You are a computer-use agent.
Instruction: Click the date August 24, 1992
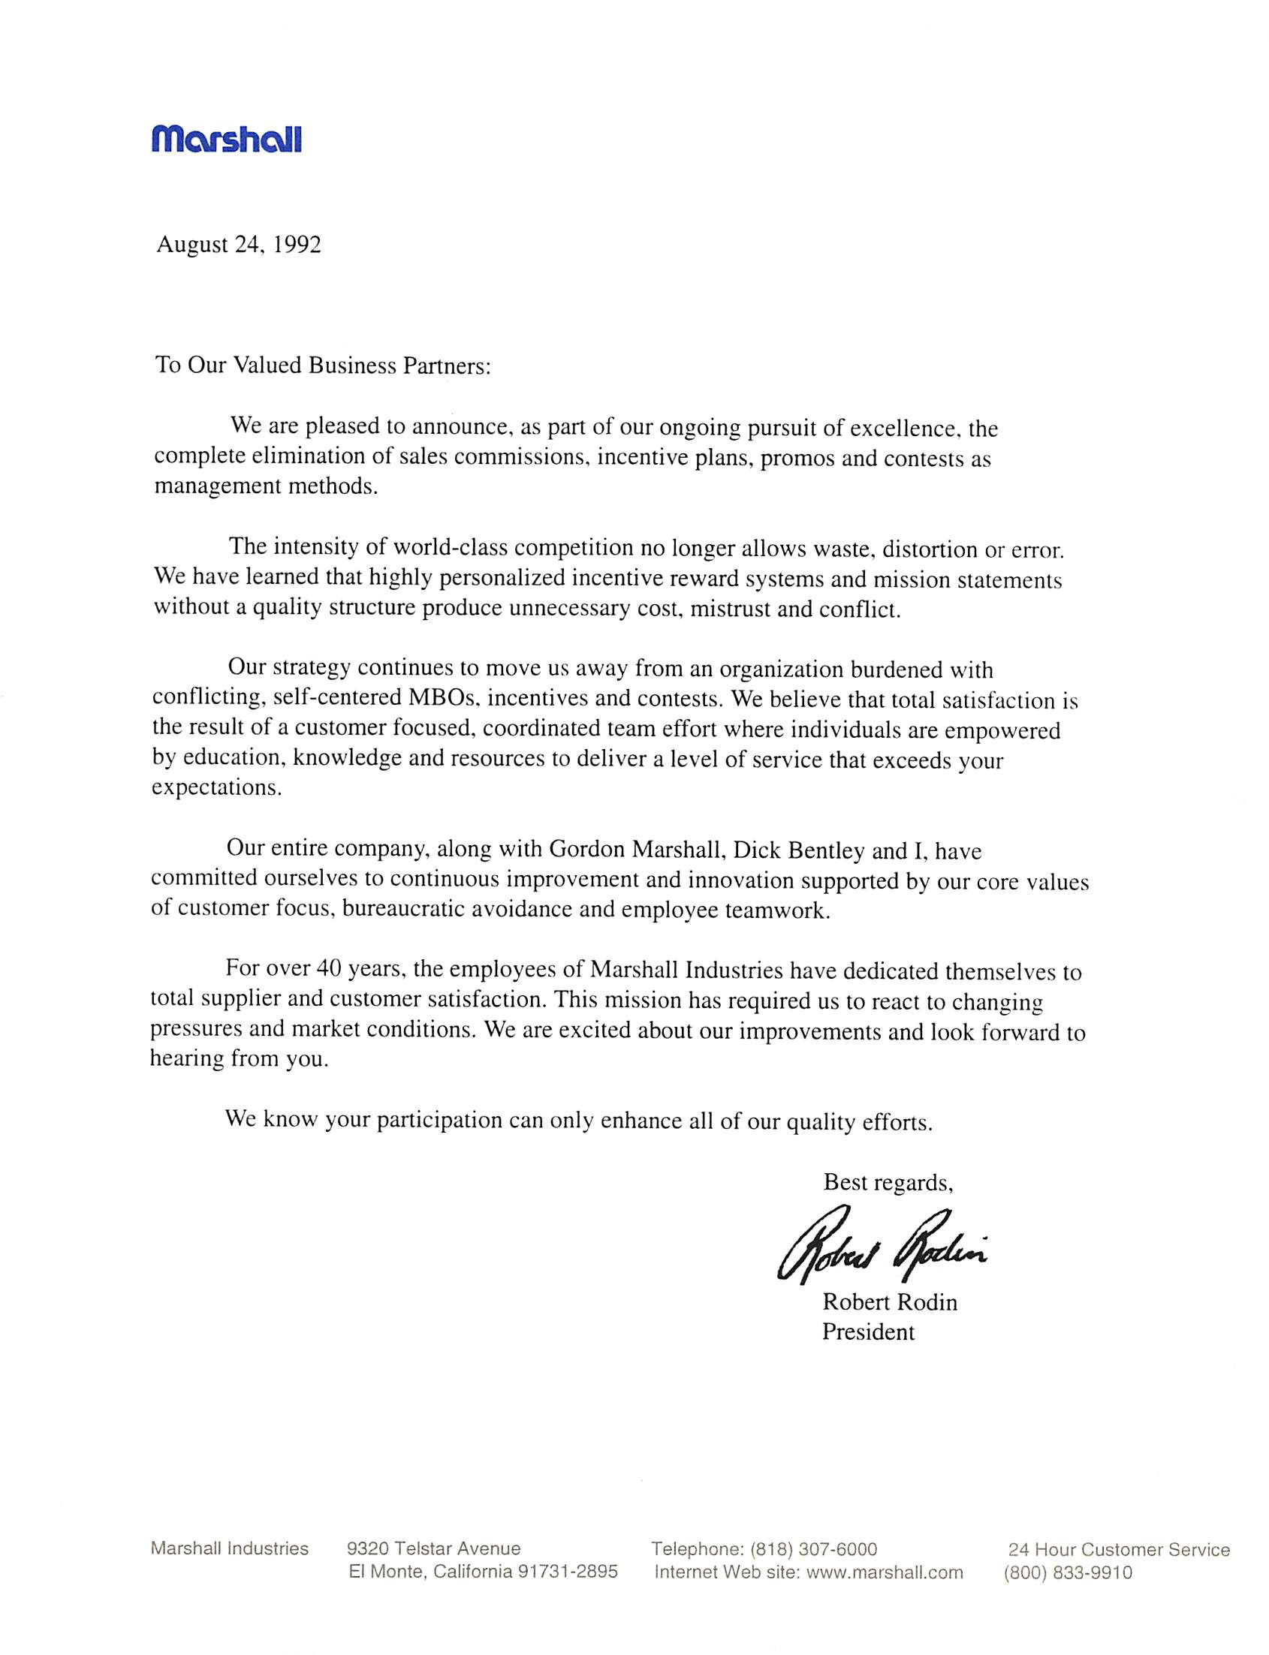pyautogui.click(x=239, y=245)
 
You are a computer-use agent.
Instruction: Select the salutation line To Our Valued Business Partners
pyautogui.click(x=324, y=366)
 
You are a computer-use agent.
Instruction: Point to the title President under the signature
pyautogui.click(x=868, y=1332)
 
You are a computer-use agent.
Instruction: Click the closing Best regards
pyautogui.click(x=888, y=1182)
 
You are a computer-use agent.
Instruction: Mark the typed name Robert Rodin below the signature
pyautogui.click(x=889, y=1302)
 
